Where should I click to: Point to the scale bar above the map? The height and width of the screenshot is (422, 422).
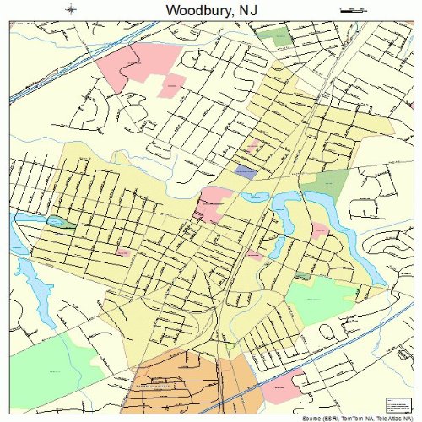pyautogui.click(x=349, y=9)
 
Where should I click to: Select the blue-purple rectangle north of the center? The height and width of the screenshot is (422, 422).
pyautogui.click(x=246, y=171)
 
